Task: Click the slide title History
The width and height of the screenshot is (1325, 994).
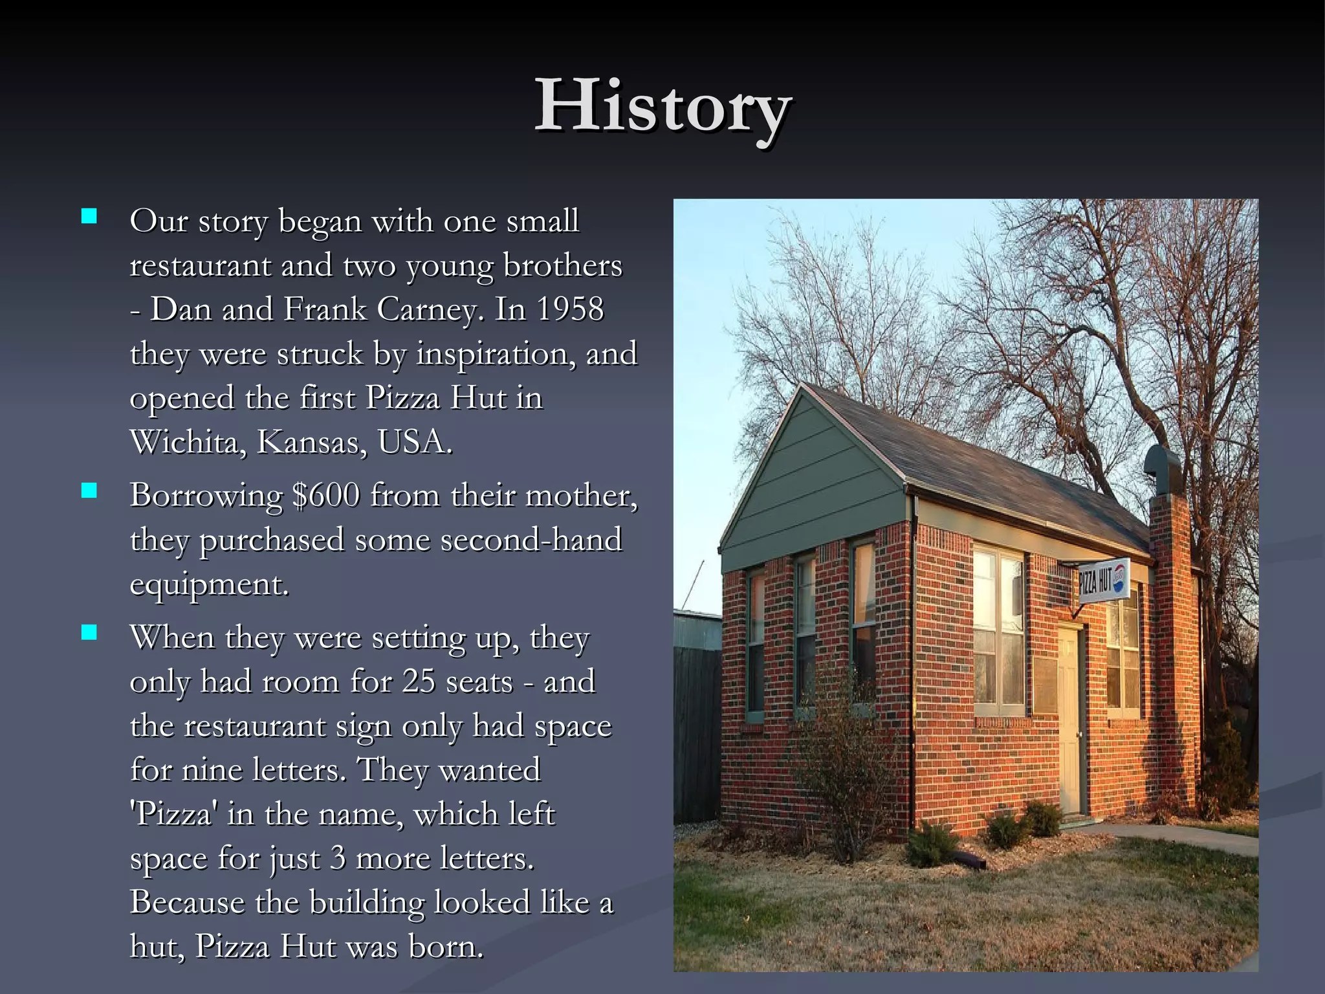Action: (663, 107)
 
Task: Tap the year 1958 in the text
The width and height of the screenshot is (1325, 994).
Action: (570, 309)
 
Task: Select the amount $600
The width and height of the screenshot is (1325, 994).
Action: (325, 496)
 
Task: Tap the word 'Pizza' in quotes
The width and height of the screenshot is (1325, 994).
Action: (173, 814)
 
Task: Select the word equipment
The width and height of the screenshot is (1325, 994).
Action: (208, 584)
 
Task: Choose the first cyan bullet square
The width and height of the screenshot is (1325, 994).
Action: (89, 216)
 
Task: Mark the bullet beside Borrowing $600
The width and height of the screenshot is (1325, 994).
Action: (89, 491)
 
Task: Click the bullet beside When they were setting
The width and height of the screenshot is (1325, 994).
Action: (89, 632)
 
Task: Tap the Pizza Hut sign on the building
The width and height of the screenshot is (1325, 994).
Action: (1103, 580)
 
